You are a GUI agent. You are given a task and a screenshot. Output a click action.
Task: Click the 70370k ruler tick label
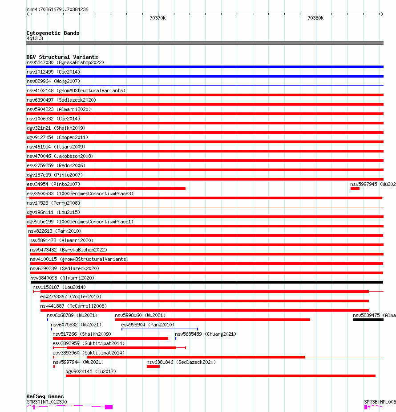pos(158,18)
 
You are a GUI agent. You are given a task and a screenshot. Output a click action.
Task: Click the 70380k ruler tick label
pos(315,18)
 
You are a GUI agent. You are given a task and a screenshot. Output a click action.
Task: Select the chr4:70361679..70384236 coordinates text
pos(57,9)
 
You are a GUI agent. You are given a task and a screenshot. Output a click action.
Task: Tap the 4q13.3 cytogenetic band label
pos(35,39)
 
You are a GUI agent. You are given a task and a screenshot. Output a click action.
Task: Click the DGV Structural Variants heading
pos(62,57)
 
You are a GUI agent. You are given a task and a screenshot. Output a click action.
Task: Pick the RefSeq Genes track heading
pos(45,396)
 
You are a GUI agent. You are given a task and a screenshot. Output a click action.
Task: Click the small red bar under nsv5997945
pos(355,189)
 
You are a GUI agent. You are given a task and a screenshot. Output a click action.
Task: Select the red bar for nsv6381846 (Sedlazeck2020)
pos(153,367)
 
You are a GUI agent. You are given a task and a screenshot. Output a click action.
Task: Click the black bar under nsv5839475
pos(368,320)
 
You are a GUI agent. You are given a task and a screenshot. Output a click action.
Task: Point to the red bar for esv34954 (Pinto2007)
pos(106,189)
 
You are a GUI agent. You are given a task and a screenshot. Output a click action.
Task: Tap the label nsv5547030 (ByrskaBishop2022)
pos(65,62)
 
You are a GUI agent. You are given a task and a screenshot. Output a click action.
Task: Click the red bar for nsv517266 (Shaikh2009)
pos(110,338)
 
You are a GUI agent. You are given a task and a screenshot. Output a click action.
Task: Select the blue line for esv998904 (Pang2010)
pos(159,329)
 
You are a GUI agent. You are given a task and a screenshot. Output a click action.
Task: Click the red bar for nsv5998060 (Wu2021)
pos(212,320)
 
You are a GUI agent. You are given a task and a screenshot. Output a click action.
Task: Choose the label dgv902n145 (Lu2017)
pos(91,371)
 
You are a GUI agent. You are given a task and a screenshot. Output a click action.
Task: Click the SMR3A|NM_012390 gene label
pos(47,402)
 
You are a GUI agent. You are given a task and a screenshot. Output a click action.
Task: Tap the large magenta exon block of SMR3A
pos(109,407)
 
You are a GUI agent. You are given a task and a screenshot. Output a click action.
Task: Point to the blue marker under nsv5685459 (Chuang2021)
pos(176,338)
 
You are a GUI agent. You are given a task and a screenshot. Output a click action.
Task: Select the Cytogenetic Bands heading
pos(53,33)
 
